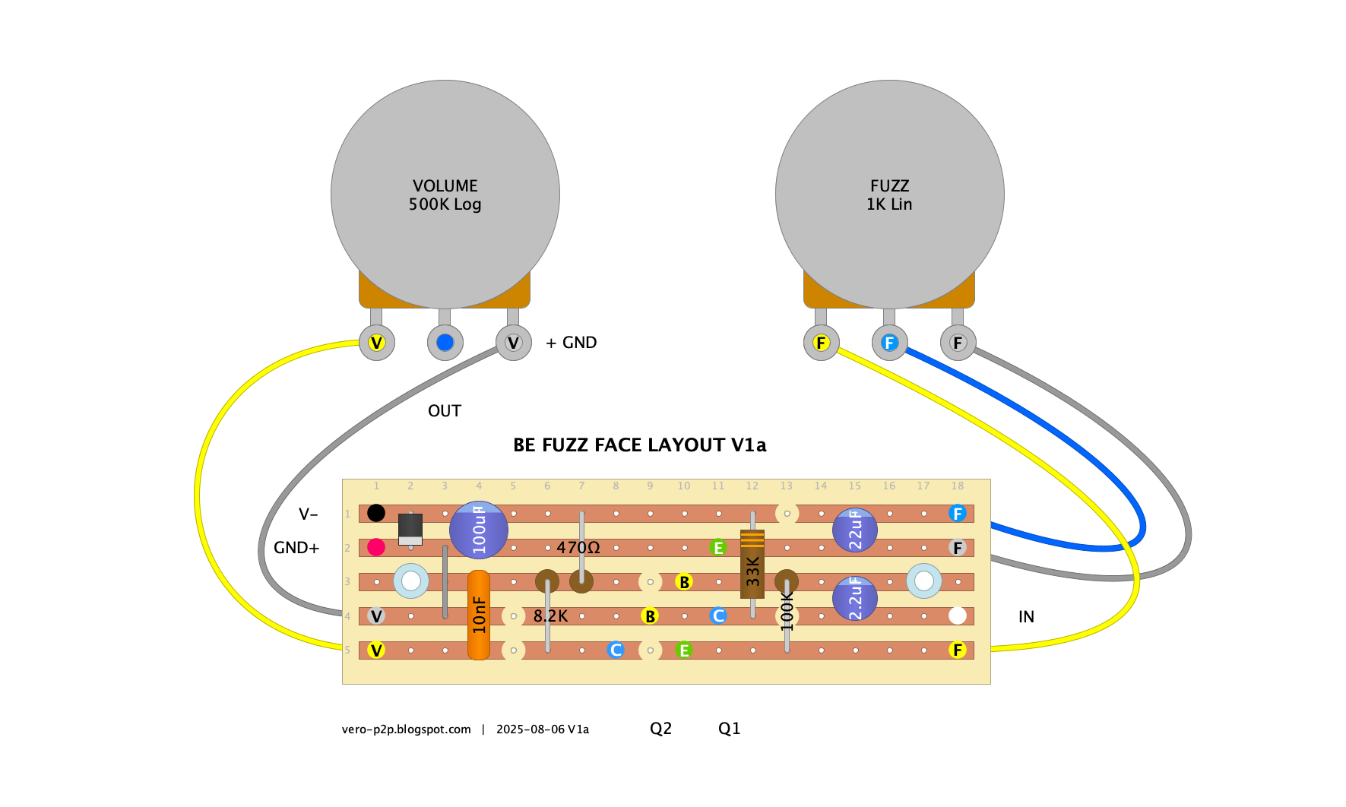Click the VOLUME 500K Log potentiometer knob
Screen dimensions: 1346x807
(x=445, y=195)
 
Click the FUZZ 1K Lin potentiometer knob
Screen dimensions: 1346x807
(x=890, y=195)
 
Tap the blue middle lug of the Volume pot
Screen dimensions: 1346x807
(x=445, y=343)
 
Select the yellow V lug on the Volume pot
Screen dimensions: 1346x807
(x=376, y=343)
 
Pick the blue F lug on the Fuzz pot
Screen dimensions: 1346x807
(x=889, y=343)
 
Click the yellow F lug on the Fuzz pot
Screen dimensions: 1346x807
(x=821, y=343)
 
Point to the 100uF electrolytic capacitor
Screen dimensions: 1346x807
(x=479, y=530)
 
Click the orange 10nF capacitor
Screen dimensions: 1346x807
(x=479, y=615)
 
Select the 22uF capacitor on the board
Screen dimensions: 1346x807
(x=855, y=530)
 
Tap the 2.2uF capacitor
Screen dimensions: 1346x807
(x=855, y=598)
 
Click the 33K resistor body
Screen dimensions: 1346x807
(x=752, y=564)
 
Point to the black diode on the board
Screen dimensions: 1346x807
(x=410, y=529)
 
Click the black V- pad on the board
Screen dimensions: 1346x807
(x=376, y=513)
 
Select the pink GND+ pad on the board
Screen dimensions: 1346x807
(x=376, y=547)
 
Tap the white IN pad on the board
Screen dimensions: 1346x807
(x=958, y=616)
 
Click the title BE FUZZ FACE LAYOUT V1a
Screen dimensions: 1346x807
(x=640, y=445)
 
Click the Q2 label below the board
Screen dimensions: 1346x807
(x=661, y=729)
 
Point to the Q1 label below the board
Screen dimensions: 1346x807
(x=730, y=729)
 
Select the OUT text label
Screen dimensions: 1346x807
(x=445, y=411)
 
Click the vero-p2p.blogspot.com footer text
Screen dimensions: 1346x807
(x=407, y=729)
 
